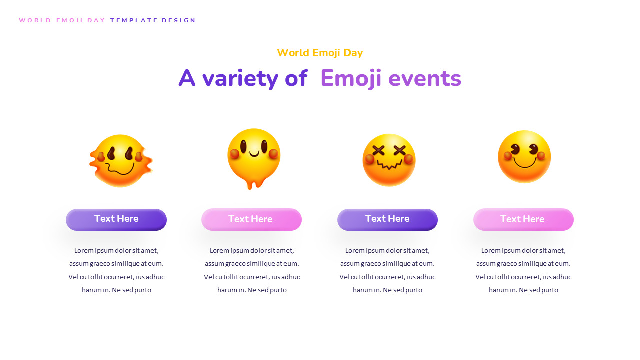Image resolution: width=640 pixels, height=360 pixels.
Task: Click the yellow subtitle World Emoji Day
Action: coord(320,53)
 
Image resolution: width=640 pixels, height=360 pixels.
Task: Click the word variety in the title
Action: coord(240,79)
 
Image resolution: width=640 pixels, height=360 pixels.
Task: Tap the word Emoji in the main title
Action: coord(350,79)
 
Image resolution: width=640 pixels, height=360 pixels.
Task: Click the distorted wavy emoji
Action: coord(121,161)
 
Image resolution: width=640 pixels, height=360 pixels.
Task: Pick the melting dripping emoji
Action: coord(254,156)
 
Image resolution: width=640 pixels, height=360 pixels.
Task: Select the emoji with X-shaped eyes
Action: coord(389,160)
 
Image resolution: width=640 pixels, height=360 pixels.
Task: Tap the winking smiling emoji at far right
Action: coord(524,157)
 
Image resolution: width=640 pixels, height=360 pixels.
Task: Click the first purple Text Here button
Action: coord(116,219)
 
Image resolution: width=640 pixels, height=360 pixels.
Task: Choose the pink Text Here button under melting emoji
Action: coord(251,219)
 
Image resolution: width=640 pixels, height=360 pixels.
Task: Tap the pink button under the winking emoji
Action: coord(523,219)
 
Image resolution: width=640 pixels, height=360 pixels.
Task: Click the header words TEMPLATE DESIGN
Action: coord(153,20)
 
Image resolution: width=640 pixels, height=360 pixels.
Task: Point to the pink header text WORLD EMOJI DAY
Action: coord(62,20)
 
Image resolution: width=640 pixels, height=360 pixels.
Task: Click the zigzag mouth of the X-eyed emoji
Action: coord(389,165)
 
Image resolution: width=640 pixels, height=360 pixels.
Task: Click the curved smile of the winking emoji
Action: coord(524,163)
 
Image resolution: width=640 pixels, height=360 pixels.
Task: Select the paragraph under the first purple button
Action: coord(116,270)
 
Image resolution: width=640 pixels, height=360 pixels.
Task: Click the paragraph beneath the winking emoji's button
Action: coord(523,270)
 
